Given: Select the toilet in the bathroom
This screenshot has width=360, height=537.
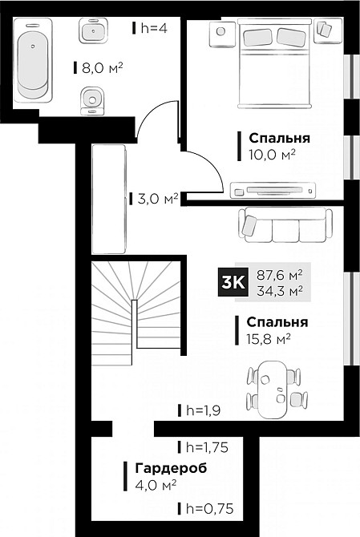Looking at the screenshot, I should [x=92, y=100].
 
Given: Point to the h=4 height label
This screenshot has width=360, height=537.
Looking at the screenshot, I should [x=153, y=28].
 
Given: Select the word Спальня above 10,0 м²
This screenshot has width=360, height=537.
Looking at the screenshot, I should [x=278, y=138].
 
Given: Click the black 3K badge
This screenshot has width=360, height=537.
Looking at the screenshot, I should [x=233, y=282].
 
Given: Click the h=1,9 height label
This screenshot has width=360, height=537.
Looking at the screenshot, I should [x=203, y=410].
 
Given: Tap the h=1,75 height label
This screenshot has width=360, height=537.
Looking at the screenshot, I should [x=206, y=447].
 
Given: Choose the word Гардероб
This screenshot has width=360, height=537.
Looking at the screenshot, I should [x=164, y=468].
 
